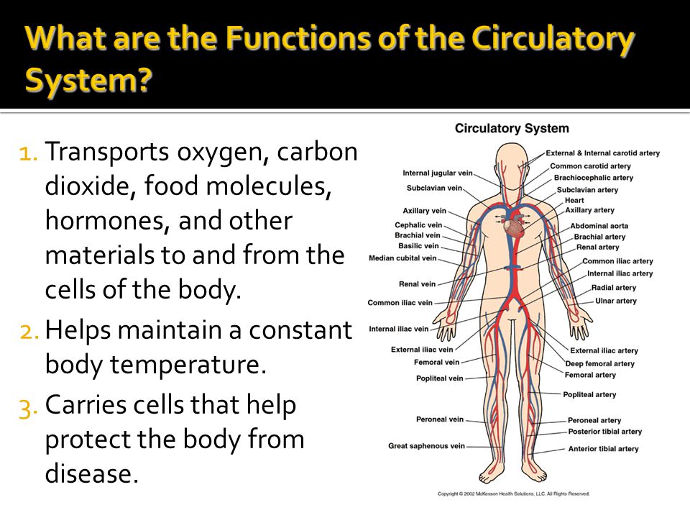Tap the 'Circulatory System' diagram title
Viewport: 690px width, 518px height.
512,128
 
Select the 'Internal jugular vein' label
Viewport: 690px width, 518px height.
438,173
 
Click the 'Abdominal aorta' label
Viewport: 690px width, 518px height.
599,225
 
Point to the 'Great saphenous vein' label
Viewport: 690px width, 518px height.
426,446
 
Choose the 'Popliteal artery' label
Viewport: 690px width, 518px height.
589,394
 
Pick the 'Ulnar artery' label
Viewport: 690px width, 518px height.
616,301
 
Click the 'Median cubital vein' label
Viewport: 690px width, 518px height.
402,258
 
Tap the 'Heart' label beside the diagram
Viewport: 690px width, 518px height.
574,200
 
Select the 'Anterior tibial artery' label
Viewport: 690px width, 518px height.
603,448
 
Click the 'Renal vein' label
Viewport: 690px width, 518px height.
417,284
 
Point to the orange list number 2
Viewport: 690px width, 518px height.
29,331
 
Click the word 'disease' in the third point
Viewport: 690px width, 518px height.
91,473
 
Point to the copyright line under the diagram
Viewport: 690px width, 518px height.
513,494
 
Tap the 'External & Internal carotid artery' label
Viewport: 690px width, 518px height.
603,153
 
